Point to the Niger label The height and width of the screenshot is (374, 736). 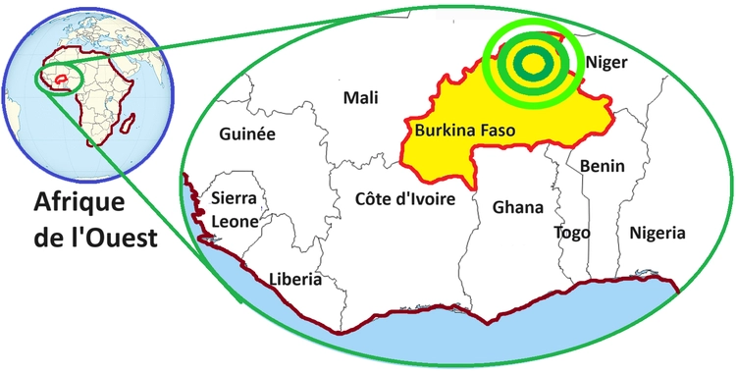click(x=606, y=63)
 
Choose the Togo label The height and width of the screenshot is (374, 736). click(x=572, y=233)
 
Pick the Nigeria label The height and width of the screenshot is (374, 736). click(x=657, y=233)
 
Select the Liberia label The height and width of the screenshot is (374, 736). click(x=295, y=279)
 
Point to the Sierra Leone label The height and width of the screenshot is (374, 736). click(x=236, y=210)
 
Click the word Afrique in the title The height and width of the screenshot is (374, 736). click(x=79, y=203)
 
